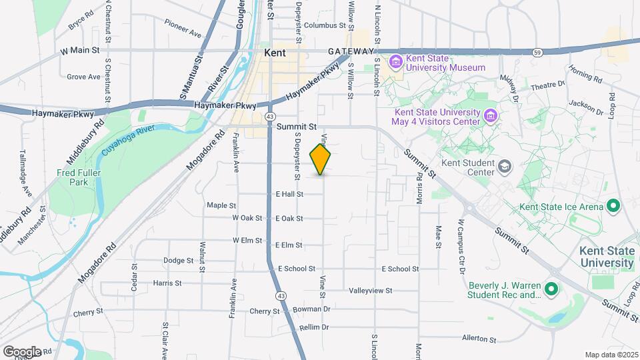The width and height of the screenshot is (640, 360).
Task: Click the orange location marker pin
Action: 321,160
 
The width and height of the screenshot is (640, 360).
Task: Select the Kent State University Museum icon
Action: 395,63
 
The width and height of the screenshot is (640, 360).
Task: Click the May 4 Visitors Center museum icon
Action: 491,116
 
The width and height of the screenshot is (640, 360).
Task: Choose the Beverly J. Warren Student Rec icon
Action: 551,289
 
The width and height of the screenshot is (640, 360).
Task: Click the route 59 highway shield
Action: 537,51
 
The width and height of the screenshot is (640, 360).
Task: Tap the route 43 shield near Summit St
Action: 269,116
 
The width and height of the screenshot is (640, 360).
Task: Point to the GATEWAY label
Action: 351,51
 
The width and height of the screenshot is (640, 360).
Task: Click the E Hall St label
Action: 289,194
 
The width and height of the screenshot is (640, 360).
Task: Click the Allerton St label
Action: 480,339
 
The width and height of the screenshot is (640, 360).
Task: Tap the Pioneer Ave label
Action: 183,32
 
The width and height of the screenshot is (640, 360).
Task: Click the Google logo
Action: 21,351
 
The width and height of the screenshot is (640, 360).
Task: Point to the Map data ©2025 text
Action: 611,355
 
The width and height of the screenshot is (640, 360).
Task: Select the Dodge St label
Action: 177,261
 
